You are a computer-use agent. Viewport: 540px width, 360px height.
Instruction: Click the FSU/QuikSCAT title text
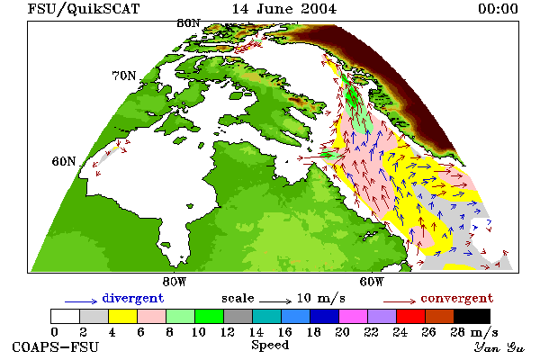[84, 9]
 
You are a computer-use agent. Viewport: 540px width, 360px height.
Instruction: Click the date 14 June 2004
[284, 9]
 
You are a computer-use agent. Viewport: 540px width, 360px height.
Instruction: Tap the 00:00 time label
[498, 9]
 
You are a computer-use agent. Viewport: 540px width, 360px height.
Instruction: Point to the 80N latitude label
[188, 23]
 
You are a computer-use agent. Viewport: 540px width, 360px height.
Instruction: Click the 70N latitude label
[124, 76]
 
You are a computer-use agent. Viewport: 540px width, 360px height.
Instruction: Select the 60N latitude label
[64, 161]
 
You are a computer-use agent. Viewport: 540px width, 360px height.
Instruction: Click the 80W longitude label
[175, 282]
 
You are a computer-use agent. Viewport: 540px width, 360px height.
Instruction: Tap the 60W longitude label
[372, 282]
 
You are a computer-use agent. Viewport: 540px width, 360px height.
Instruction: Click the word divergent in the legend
[133, 298]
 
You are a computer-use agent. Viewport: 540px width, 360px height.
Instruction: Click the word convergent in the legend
[457, 298]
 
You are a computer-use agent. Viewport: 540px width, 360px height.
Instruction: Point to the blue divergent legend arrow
[81, 301]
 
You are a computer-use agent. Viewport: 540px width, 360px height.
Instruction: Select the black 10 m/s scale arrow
[275, 301]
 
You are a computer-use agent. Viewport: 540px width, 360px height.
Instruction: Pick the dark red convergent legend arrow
[400, 301]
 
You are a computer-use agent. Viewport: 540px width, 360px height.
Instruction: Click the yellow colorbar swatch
[122, 316]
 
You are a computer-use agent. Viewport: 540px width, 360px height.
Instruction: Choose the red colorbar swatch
[410, 316]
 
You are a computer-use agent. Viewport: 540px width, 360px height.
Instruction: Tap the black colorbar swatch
[472, 316]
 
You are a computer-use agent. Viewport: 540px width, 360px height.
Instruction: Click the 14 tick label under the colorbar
[256, 332]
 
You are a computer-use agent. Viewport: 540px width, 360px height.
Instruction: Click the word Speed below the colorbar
[270, 346]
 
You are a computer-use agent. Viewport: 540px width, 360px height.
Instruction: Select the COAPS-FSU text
[56, 346]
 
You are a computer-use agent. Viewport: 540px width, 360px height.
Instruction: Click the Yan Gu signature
[499, 347]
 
